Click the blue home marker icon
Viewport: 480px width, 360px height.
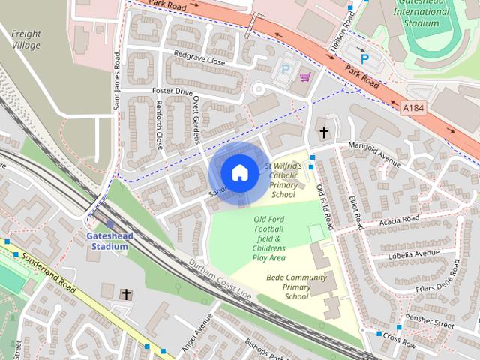pyautogui.click(x=239, y=172)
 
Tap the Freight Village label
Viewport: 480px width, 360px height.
pyautogui.click(x=25, y=39)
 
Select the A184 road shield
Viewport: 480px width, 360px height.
pyautogui.click(x=413, y=108)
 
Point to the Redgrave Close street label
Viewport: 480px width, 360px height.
pyautogui.click(x=199, y=58)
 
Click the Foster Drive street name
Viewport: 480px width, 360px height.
pyautogui.click(x=172, y=91)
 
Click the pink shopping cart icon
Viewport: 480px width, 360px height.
pyautogui.click(x=305, y=76)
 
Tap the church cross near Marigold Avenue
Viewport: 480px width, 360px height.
pyautogui.click(x=324, y=133)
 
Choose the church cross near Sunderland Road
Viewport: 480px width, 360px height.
pyautogui.click(x=126, y=294)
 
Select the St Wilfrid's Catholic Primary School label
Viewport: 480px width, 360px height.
pyautogui.click(x=283, y=180)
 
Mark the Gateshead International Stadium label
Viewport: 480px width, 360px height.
pyautogui.click(x=426, y=13)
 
